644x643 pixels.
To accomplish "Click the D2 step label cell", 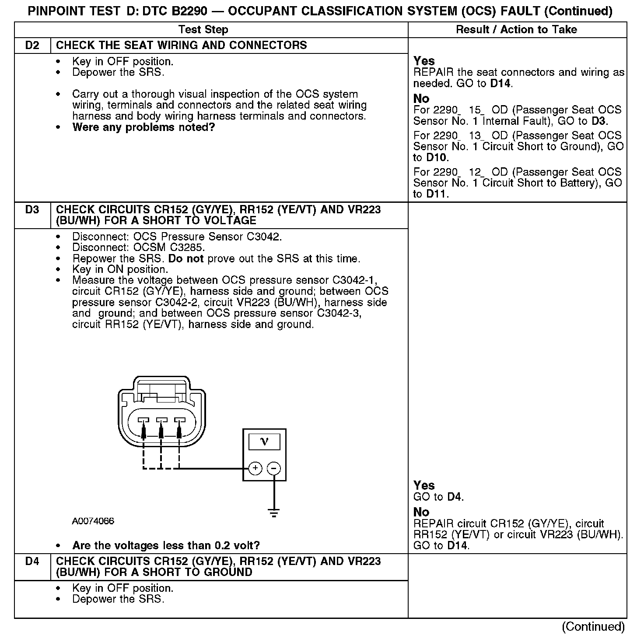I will [x=32, y=46].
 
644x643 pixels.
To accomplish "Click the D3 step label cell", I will [x=32, y=210].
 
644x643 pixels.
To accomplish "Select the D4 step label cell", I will [x=32, y=562].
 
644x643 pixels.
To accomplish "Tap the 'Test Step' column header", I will [x=203, y=30].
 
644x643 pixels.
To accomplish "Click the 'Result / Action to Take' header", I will [x=516, y=30].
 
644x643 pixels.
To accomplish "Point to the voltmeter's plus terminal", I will [x=255, y=468].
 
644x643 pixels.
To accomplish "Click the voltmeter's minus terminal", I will [x=273, y=468].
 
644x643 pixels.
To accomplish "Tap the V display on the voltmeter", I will [x=264, y=441].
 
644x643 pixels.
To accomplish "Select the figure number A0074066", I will [x=93, y=521].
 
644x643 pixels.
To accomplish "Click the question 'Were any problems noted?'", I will [x=143, y=127].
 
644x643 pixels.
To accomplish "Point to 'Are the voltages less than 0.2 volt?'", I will [x=166, y=545].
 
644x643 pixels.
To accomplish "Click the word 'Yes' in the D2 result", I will [x=424, y=61].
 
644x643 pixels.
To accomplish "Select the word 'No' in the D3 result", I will [x=421, y=512].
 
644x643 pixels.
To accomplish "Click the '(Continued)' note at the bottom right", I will [x=593, y=626].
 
